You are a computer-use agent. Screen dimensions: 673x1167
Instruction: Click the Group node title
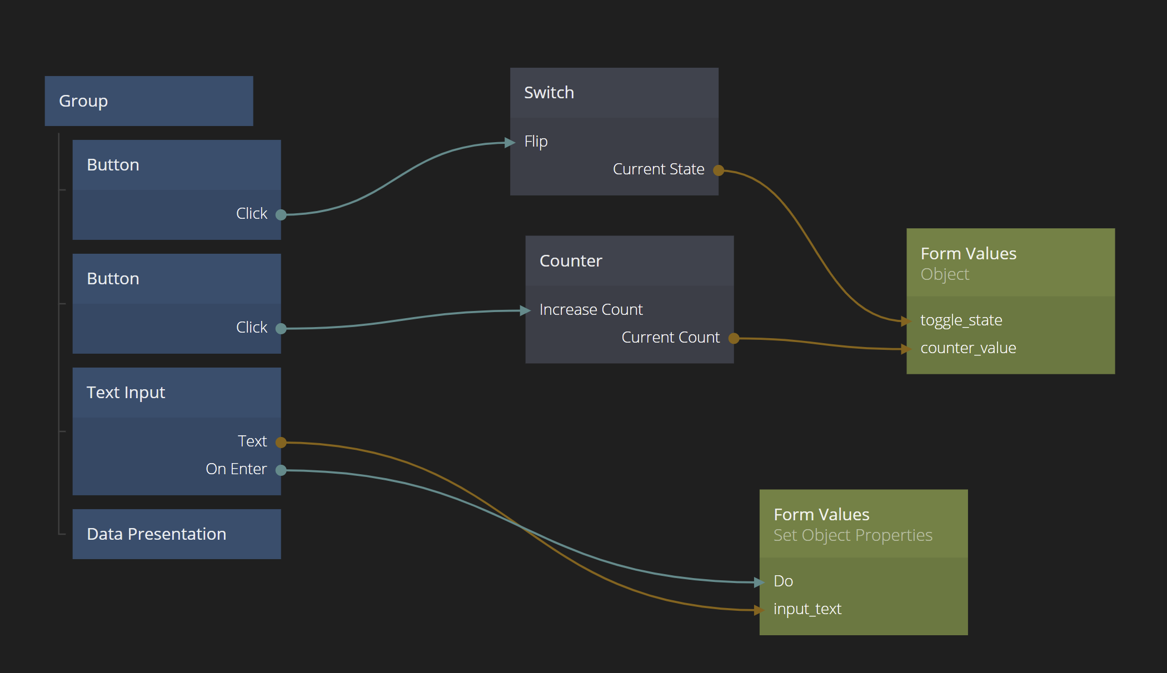(x=83, y=101)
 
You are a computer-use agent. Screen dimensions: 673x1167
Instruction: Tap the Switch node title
(x=548, y=93)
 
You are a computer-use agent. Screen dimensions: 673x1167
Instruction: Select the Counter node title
(x=570, y=261)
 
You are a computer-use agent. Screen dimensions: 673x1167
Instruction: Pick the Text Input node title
(x=126, y=393)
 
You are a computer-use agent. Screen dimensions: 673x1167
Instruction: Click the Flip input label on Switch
(x=536, y=142)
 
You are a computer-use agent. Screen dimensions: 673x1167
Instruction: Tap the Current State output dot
(x=719, y=170)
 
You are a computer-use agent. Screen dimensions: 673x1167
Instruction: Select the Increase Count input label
(x=591, y=310)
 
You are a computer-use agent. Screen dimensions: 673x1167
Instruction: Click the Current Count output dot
(x=734, y=338)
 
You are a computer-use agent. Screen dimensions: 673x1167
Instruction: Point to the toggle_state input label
(x=961, y=320)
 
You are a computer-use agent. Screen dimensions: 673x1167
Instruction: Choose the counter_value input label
(x=968, y=348)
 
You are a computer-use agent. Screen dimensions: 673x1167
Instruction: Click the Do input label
(x=783, y=581)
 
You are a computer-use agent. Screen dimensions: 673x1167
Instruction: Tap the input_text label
(x=807, y=609)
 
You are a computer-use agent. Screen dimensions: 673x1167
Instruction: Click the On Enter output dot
(x=281, y=470)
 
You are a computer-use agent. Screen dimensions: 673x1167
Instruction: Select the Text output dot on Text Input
(x=281, y=443)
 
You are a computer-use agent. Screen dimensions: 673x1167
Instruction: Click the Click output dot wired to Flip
(x=281, y=215)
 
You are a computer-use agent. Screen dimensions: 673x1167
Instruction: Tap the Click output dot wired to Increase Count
(x=281, y=329)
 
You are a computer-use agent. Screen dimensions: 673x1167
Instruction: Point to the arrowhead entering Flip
(x=510, y=143)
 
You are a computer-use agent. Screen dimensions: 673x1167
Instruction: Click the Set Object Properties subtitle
(x=852, y=535)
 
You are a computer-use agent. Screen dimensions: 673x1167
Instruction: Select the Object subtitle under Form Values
(x=944, y=274)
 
